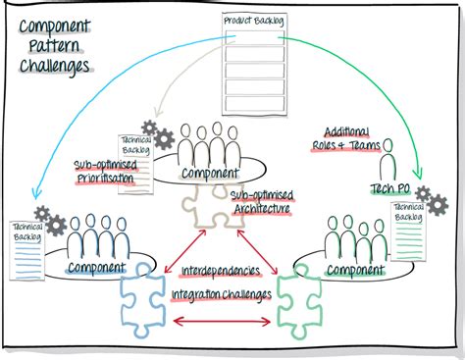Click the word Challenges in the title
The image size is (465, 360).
point(56,67)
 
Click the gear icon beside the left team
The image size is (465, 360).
point(43,215)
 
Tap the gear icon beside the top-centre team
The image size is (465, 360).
point(152,129)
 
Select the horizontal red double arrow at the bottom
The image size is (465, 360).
point(222,321)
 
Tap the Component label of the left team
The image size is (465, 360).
point(97,267)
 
